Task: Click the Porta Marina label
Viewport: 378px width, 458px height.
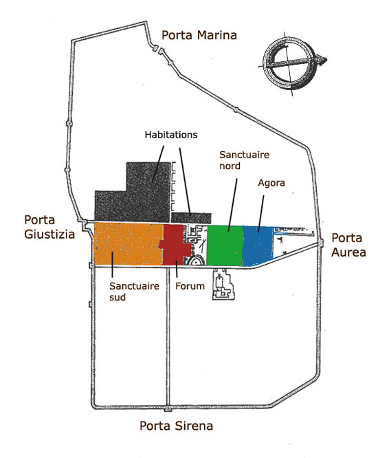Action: coord(199,35)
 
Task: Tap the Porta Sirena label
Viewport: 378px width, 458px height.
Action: coord(177,426)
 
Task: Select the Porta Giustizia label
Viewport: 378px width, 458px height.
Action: coord(49,227)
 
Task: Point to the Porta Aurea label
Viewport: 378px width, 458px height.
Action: coord(348,245)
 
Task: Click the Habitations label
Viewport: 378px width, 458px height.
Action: coord(171,135)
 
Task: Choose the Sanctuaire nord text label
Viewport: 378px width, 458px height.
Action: coord(244,160)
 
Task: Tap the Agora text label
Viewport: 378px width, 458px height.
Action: coord(271,183)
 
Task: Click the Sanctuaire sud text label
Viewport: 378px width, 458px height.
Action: coord(134,291)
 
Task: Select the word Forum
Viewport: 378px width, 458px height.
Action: coord(190,286)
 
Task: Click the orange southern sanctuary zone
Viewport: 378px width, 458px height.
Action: coord(128,244)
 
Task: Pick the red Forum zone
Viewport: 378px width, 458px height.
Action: coord(175,246)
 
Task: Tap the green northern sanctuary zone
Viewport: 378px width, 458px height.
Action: coord(225,246)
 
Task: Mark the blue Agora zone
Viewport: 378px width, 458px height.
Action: coord(258,246)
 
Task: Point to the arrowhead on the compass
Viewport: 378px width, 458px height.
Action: coord(322,59)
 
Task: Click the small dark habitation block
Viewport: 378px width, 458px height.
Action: coord(191,217)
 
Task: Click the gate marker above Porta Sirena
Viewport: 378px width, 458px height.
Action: coord(168,409)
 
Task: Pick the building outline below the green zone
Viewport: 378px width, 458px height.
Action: coord(223,284)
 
